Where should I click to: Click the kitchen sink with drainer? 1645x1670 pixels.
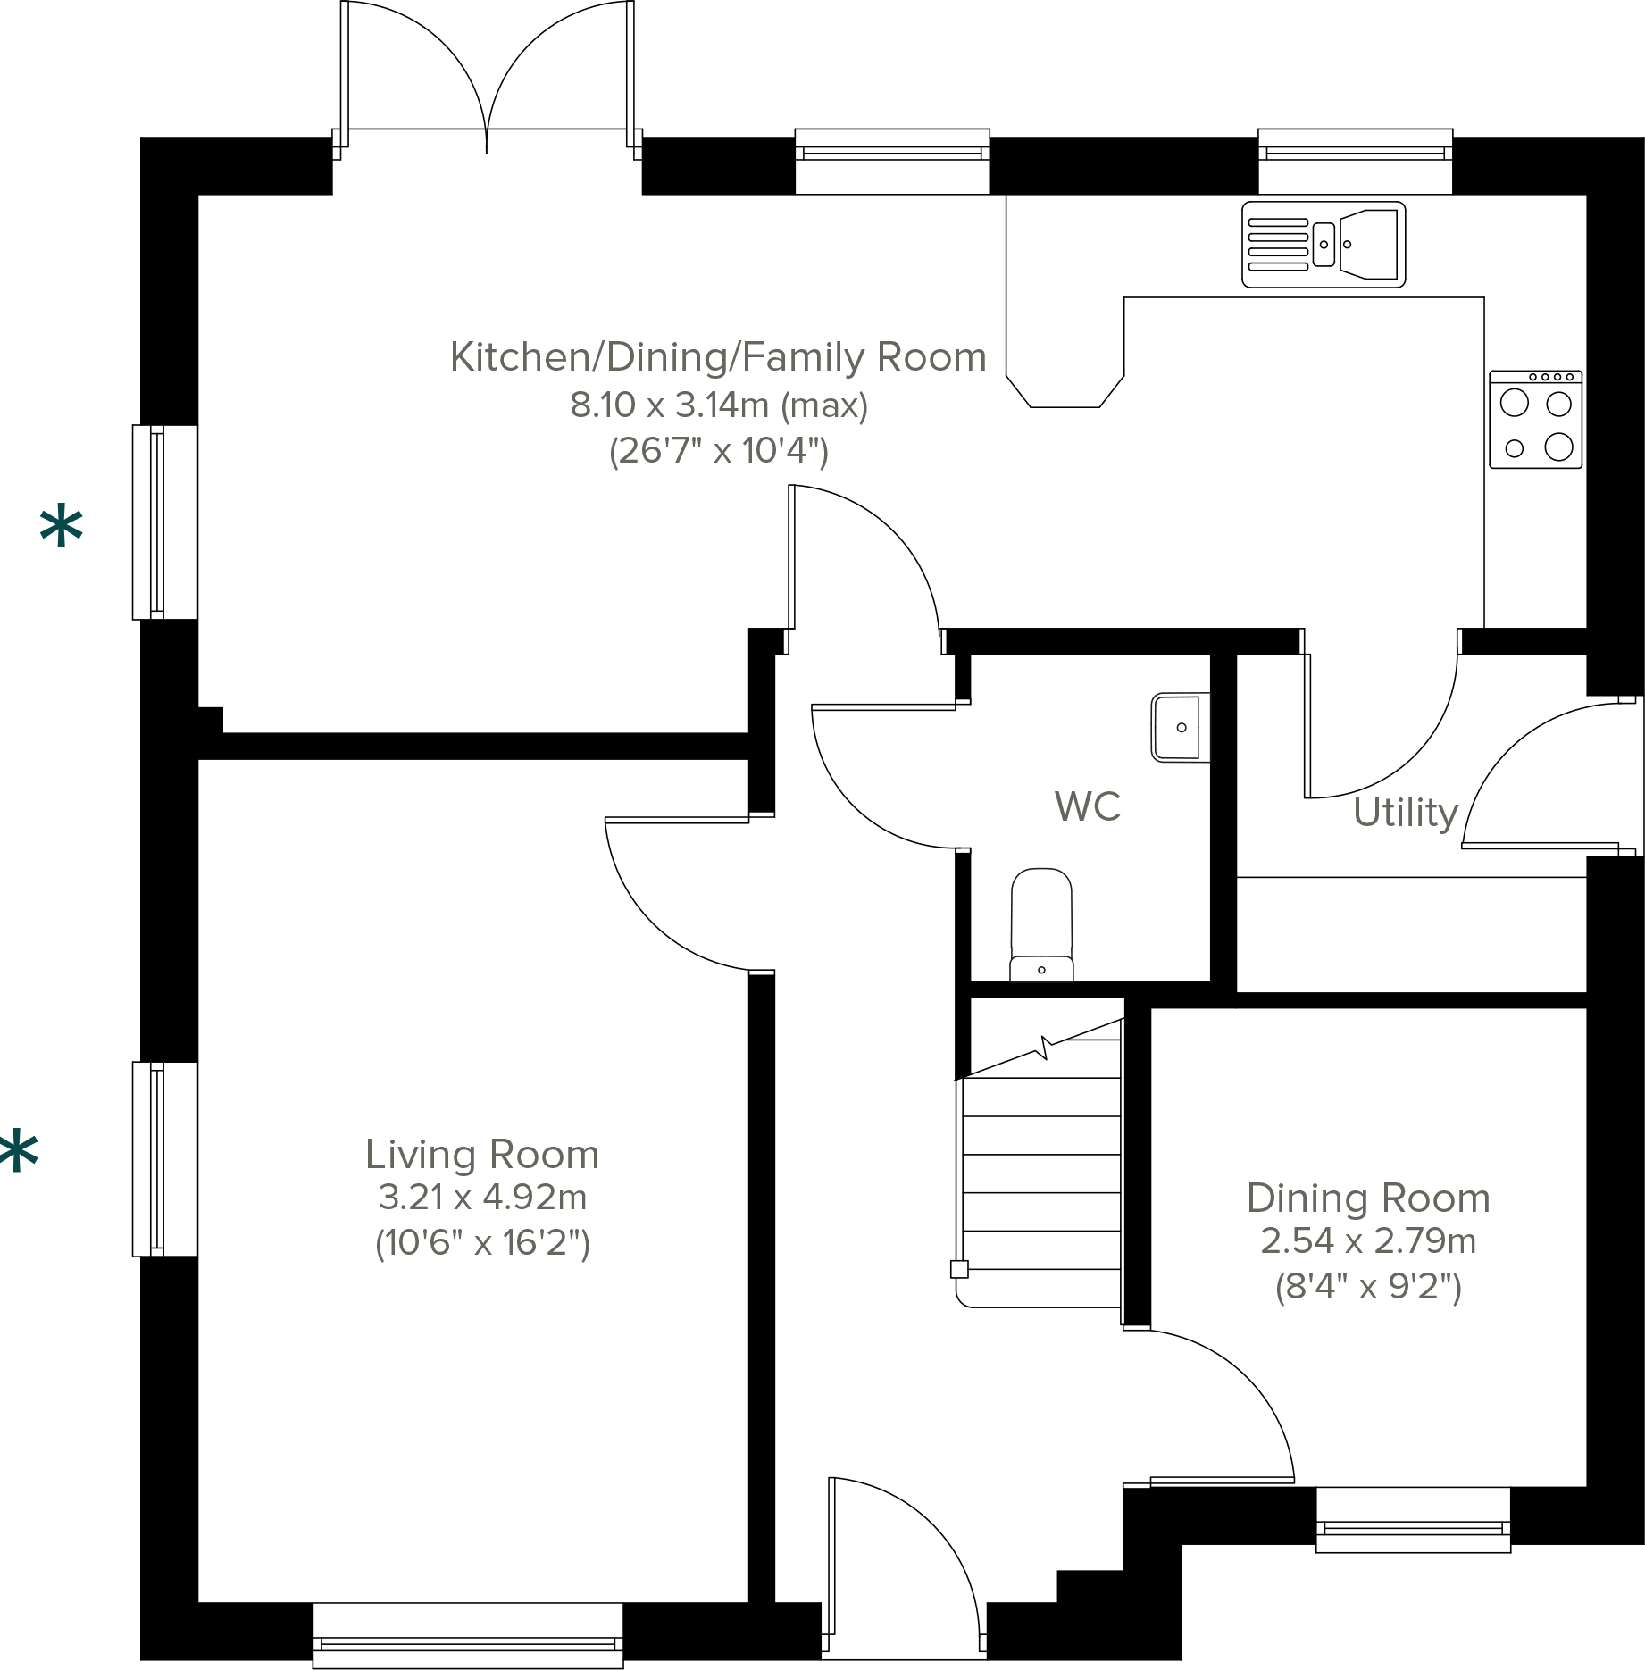[1323, 244]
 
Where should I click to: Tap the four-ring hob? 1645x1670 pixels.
[1535, 420]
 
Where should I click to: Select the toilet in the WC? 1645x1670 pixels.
[1041, 925]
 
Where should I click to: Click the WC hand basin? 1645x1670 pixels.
[1180, 727]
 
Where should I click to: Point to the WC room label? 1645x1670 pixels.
[1087, 806]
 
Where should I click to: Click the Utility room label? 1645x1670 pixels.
[1406, 813]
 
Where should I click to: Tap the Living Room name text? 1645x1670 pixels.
[481, 1154]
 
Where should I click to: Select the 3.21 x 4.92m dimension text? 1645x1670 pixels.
[482, 1197]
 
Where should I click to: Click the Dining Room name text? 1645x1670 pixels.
[1368, 1198]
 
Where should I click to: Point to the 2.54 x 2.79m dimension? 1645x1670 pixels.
[1368, 1240]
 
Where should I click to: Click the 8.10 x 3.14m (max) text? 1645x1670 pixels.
[719, 405]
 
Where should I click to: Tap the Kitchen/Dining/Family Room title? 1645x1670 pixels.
[718, 357]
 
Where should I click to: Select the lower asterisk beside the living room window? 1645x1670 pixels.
[18, 1151]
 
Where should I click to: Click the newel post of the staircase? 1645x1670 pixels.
[959, 1269]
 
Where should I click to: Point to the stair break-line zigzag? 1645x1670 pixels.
[1042, 1047]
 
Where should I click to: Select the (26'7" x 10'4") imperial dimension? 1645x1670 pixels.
[719, 451]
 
